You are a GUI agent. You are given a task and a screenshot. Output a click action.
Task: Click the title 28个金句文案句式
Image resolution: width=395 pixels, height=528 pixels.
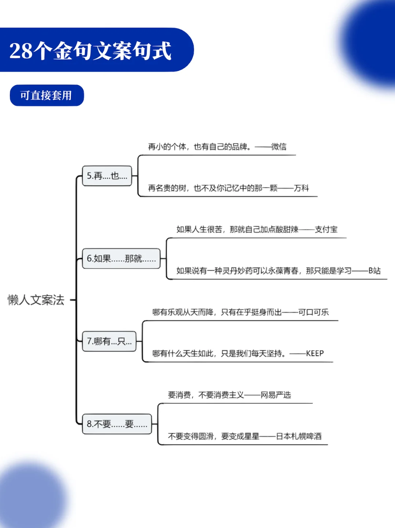90,50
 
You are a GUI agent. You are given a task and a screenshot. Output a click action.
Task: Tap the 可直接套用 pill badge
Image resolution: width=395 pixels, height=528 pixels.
46,96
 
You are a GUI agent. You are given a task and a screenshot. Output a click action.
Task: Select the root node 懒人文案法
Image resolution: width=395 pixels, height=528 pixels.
36,300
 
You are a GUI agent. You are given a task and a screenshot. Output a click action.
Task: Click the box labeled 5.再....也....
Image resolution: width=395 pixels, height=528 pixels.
107,176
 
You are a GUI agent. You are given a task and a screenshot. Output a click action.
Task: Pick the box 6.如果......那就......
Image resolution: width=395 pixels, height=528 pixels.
121,259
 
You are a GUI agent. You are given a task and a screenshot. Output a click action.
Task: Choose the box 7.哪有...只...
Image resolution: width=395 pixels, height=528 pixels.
109,341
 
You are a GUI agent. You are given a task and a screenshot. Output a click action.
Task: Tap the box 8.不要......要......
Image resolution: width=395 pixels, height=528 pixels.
117,424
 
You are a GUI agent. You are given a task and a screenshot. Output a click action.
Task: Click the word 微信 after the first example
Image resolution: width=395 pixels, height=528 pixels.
279,147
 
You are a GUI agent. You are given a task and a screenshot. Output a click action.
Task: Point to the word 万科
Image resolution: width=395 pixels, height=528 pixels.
301,188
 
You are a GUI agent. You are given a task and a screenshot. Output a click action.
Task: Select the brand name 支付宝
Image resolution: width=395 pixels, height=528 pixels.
326,229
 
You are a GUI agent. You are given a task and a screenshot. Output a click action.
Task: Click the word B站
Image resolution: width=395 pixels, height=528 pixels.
375,271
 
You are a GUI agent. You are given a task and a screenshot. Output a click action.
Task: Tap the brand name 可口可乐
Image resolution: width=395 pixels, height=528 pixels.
313,312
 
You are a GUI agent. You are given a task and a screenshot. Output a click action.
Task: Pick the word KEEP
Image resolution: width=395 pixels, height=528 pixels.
315,353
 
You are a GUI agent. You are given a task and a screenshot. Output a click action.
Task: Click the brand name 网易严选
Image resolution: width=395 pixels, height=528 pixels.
276,395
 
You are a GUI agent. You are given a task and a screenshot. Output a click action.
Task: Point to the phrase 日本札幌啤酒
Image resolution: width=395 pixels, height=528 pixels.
299,436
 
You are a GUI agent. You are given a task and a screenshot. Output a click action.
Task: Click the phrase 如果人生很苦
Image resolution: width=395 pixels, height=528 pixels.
199,229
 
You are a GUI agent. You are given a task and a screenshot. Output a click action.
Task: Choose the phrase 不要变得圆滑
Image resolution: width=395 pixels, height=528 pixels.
191,436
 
